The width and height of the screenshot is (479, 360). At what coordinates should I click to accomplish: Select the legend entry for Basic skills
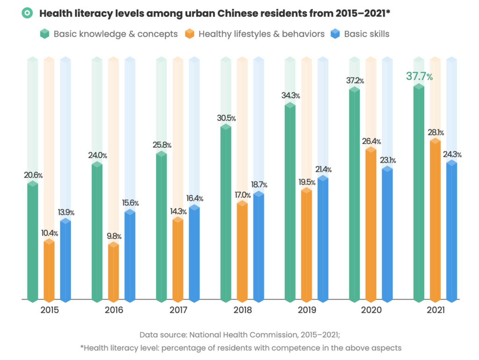point(366,34)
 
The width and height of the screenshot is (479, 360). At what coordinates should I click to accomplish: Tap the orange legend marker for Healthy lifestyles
point(189,34)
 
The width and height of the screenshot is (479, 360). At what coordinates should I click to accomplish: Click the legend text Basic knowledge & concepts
point(115,34)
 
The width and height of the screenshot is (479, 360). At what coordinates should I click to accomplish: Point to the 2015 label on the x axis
point(50,310)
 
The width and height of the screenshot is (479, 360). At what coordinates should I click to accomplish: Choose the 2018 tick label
point(242,310)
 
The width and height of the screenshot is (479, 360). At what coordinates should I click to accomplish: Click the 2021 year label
point(435,310)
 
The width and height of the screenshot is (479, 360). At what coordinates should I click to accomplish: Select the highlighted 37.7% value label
point(419,76)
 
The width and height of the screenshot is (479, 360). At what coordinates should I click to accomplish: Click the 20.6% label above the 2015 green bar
point(33,175)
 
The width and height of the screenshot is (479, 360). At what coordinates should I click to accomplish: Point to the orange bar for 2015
point(49,271)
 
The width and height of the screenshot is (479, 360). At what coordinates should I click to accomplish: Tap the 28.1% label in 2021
point(435,132)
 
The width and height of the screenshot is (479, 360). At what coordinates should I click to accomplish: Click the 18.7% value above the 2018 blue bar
point(258,185)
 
